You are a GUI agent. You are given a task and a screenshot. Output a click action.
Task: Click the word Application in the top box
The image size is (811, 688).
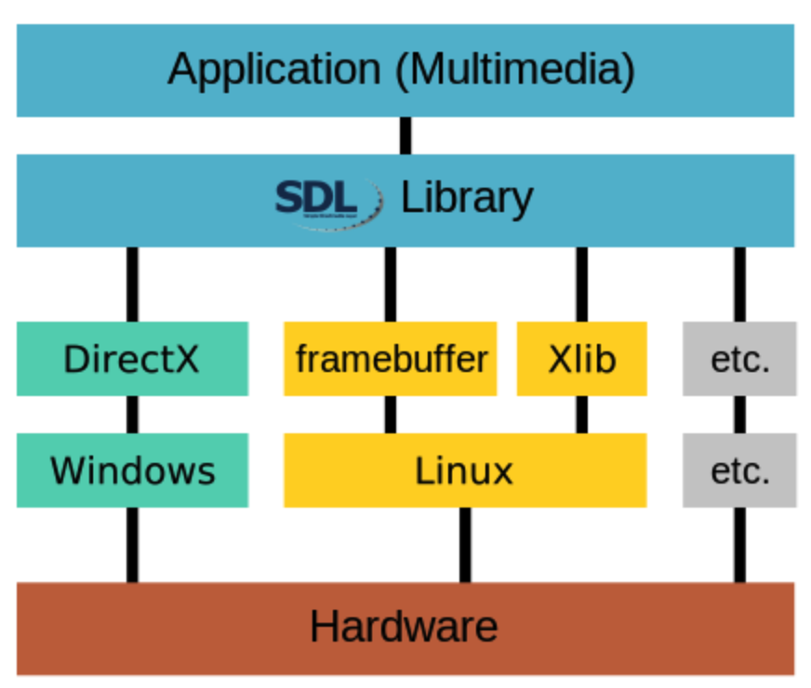tap(273, 71)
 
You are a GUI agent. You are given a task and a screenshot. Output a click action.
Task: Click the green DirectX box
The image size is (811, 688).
tap(132, 359)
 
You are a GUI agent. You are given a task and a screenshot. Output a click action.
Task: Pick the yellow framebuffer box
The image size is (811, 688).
tap(391, 359)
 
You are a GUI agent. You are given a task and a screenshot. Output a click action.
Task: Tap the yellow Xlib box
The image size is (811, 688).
tap(581, 359)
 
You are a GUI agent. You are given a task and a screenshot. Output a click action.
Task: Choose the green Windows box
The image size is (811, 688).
tap(132, 470)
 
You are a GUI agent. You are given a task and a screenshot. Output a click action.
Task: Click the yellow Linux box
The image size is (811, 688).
tap(464, 470)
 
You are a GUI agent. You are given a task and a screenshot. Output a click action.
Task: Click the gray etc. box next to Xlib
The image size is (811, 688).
tap(739, 359)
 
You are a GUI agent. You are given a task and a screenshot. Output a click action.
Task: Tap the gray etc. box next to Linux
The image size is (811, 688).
tap(739, 470)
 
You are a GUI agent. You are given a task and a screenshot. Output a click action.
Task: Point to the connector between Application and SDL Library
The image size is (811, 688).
tap(405, 136)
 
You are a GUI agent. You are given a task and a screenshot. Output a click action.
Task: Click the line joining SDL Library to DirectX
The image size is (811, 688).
tap(132, 284)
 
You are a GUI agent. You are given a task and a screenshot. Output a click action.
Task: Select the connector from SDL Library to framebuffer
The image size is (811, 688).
tap(391, 284)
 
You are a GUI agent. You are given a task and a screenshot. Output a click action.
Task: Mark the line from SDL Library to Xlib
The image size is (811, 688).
tap(581, 284)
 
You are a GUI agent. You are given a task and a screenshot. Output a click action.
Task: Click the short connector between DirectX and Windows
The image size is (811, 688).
tap(132, 415)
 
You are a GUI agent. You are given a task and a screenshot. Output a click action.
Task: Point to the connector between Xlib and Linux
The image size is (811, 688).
tap(581, 415)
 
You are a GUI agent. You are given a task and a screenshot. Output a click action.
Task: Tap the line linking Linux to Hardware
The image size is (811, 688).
tap(464, 545)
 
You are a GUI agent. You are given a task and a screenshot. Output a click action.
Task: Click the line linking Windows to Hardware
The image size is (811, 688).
tap(132, 545)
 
